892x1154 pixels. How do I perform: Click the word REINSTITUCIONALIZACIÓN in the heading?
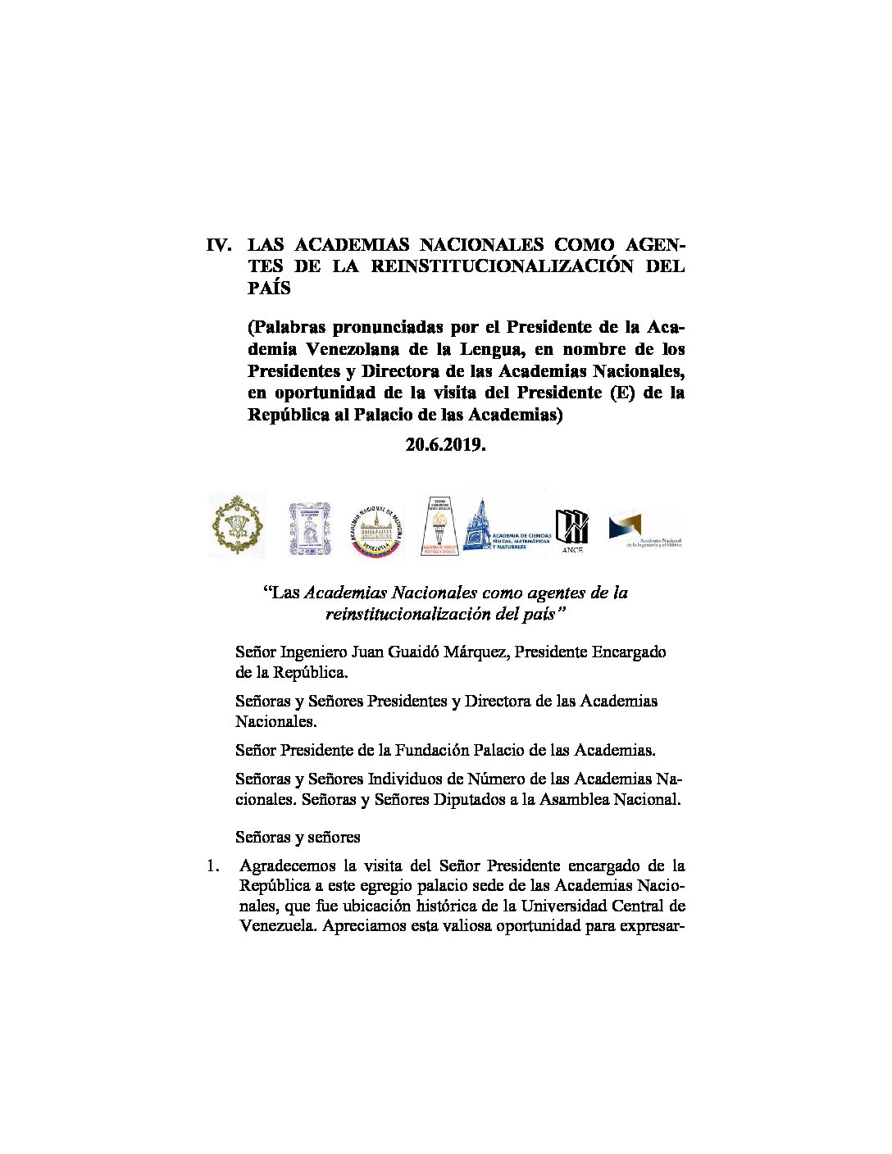503,266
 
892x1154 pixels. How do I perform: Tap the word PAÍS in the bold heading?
269,288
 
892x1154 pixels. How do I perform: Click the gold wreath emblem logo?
237,525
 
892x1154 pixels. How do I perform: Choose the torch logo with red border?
439,526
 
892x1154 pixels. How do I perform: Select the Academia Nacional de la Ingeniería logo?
644,529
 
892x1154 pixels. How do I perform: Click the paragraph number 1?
214,865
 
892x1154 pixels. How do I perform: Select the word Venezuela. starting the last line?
278,928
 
